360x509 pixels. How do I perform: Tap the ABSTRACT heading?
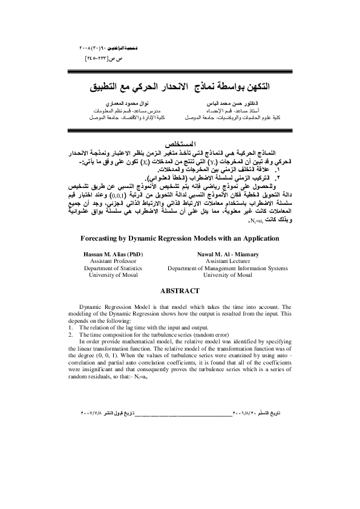coord(180,291)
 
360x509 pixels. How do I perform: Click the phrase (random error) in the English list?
coord(196,334)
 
